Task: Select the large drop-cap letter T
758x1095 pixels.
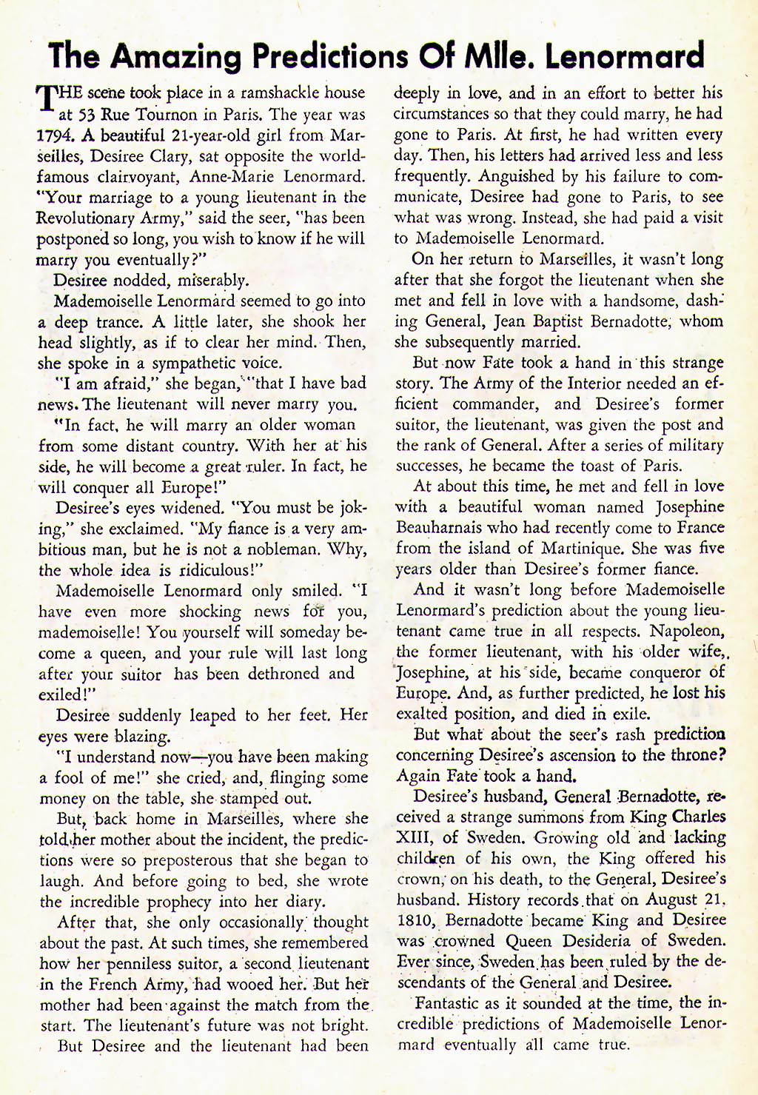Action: pos(46,98)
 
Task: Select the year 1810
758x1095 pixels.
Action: pos(417,921)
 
